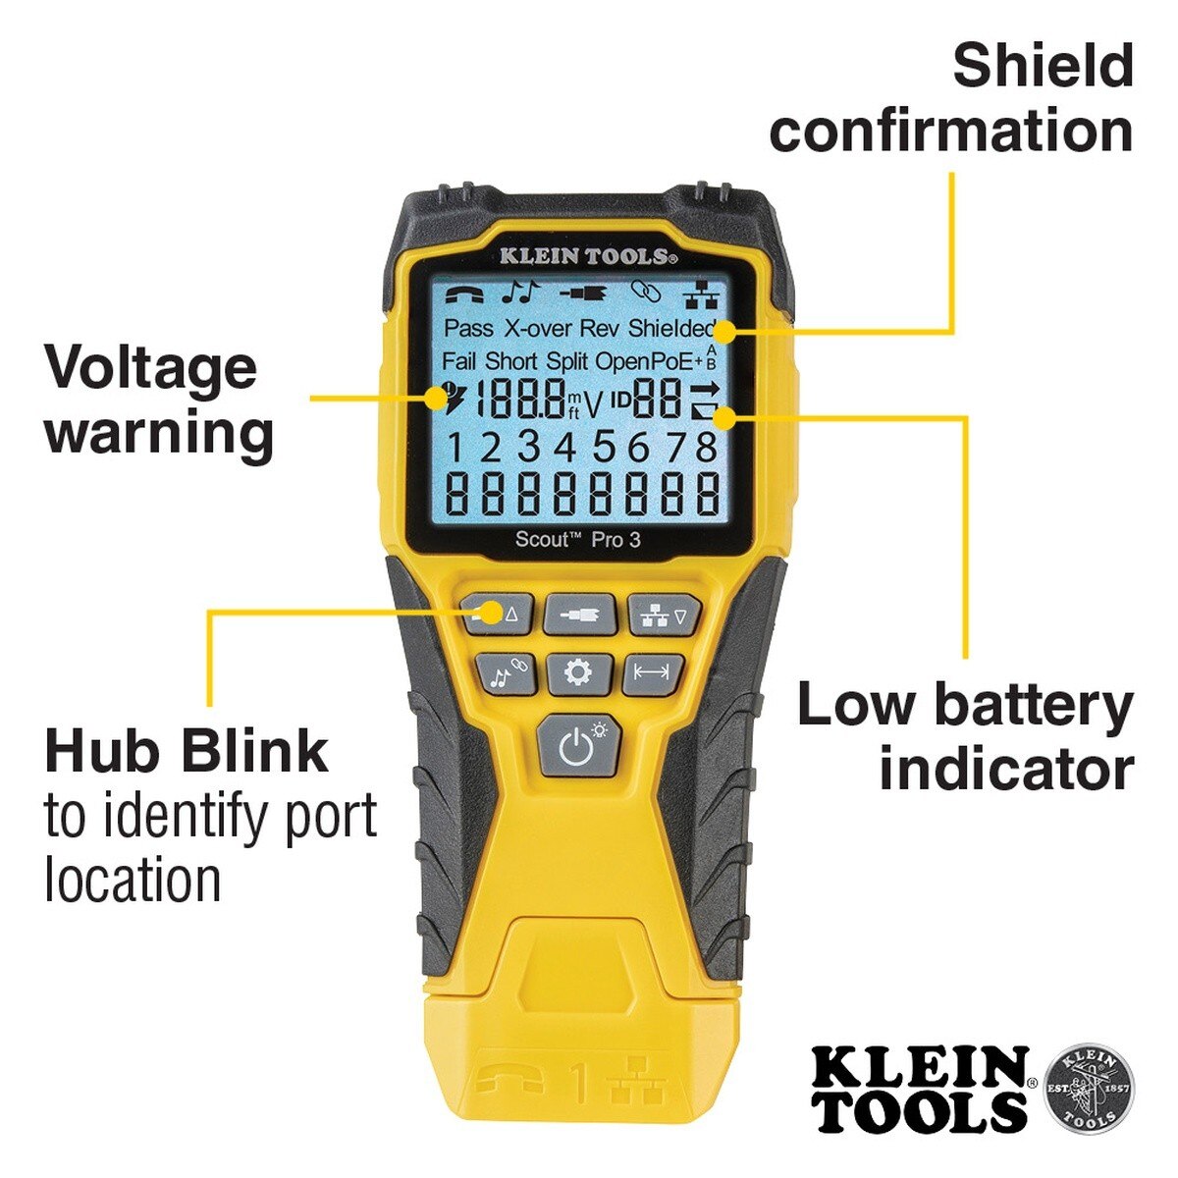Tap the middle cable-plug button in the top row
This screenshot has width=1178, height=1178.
coord(580,616)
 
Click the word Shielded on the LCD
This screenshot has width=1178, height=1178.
coord(672,328)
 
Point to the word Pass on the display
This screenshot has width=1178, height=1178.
coord(468,328)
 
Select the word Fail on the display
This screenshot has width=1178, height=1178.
coord(458,361)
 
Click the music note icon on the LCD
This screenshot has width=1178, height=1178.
coord(521,291)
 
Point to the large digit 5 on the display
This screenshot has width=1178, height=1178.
coord(602,448)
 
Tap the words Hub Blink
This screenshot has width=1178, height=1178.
coord(187,751)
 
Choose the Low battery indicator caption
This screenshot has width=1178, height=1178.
coord(966,736)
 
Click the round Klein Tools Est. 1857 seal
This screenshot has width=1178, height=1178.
coord(1087,1088)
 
